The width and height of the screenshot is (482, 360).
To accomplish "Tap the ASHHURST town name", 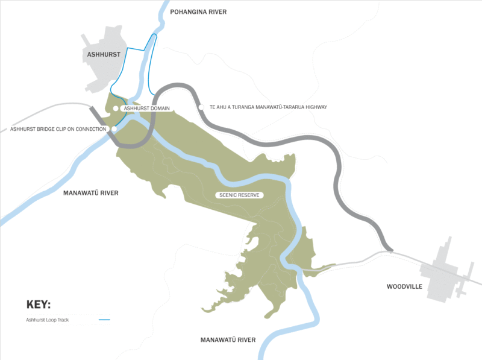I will pos(104,54).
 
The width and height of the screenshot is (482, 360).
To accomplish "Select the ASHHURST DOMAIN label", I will pos(147,108).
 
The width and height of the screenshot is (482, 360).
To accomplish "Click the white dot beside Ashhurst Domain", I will pos(116,108).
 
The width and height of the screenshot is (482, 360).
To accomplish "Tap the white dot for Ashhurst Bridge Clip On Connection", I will pos(114,129).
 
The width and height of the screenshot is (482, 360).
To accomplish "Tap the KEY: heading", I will pos(39,304).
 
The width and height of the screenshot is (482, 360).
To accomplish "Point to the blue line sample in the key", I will pos(104,320).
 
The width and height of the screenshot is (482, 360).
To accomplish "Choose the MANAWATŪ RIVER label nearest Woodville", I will pos(228,340).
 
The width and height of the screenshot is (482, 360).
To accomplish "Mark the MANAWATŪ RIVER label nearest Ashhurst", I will pos(91,193).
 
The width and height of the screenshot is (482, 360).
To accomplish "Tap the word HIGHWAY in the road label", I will pos(315,107).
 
